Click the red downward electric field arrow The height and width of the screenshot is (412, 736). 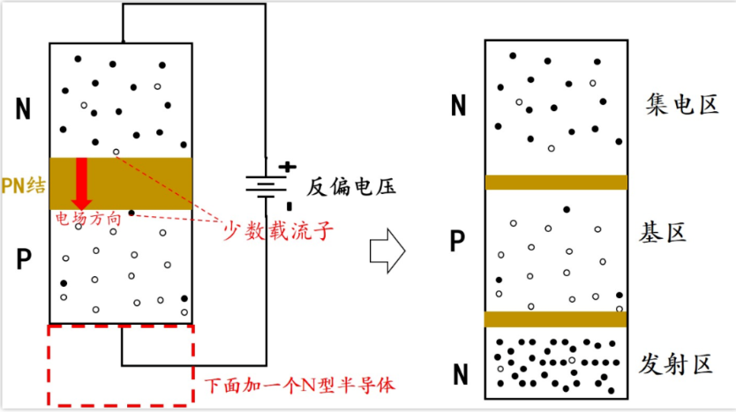pyautogui.click(x=82, y=182)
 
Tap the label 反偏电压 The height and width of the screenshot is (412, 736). pyautogui.click(x=350, y=187)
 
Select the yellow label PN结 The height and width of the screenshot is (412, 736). pyautogui.click(x=23, y=184)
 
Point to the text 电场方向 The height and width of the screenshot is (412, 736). pyautogui.click(x=87, y=217)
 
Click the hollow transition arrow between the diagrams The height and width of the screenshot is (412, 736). pyautogui.click(x=386, y=253)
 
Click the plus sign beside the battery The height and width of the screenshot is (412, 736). pyautogui.click(x=287, y=166)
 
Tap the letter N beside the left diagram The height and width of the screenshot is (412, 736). pyautogui.click(x=23, y=109)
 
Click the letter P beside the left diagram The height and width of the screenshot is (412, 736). pyautogui.click(x=23, y=259)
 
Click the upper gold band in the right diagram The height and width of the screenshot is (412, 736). pyautogui.click(x=556, y=183)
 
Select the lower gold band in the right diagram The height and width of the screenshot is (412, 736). pyautogui.click(x=556, y=318)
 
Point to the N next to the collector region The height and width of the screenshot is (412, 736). pyautogui.click(x=458, y=107)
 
